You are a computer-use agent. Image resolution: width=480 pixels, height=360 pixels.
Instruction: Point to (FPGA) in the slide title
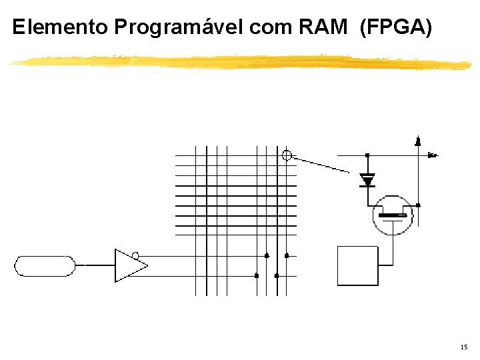[396, 27]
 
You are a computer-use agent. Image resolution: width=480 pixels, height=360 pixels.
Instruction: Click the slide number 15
[464, 347]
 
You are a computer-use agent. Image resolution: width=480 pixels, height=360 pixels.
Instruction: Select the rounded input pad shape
[45, 265]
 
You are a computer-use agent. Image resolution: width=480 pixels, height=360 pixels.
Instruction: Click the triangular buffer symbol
[129, 265]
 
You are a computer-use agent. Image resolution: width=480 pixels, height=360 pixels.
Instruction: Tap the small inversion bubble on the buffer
[135, 255]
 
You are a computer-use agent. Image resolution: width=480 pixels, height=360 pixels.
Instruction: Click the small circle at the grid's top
[287, 155]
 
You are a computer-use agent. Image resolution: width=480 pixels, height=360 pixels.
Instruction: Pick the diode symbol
[367, 179]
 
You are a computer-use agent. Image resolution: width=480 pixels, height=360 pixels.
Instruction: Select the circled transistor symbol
[393, 215]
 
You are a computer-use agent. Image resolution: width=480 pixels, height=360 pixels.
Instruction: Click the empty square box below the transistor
[358, 265]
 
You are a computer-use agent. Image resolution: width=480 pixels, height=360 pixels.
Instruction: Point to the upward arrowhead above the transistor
[417, 141]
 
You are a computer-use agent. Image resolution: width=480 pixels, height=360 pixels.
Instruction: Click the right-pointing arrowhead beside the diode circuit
[432, 155]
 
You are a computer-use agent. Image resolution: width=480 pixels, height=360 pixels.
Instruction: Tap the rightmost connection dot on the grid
[287, 255]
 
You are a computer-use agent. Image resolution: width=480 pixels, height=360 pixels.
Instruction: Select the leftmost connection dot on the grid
[257, 275]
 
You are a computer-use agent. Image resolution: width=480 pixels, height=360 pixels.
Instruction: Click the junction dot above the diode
[367, 155]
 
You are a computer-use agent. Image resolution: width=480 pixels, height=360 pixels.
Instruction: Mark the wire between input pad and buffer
[95, 265]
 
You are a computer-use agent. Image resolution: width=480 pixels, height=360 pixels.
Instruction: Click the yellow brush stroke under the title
[240, 62]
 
